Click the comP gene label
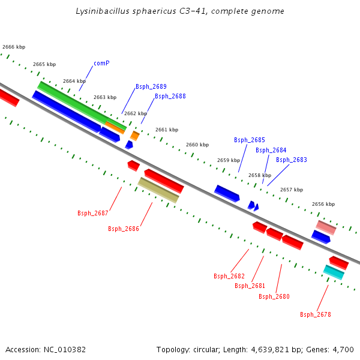click(101, 63)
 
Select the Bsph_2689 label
click(151, 86)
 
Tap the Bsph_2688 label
click(170, 96)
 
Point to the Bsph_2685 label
click(250, 140)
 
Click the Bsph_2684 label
click(271, 150)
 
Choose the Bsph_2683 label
click(292, 160)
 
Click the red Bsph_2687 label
click(93, 213)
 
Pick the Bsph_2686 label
click(124, 229)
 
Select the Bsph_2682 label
click(229, 276)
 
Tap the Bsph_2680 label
click(274, 296)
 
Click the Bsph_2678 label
click(316, 314)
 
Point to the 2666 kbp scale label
click(14, 47)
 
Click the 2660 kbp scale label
click(197, 145)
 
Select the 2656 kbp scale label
click(323, 204)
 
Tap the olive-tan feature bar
click(158, 190)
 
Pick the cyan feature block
click(334, 272)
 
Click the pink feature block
click(326, 227)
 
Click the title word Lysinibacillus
click(100, 11)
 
